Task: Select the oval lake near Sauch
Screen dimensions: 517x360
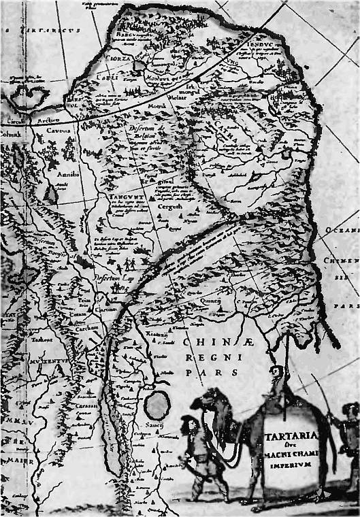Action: point(158,405)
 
